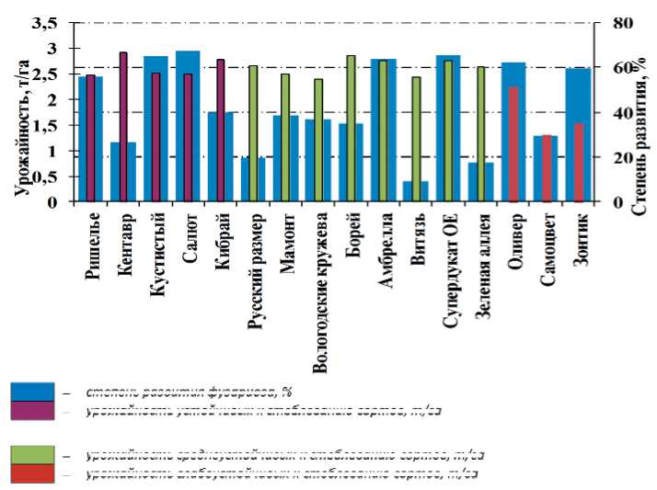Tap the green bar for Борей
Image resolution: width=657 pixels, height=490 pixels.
(351, 129)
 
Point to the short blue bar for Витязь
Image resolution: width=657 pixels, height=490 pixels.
(415, 192)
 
